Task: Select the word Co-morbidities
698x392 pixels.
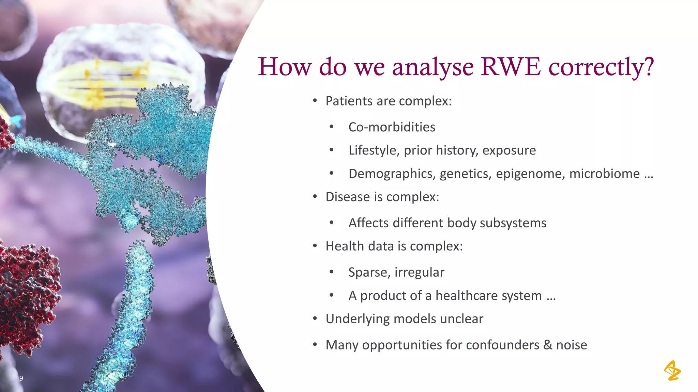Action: click(392, 127)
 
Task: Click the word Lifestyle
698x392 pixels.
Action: click(373, 150)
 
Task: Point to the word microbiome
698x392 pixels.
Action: click(604, 174)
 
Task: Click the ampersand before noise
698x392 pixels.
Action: click(547, 345)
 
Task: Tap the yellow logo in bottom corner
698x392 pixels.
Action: click(672, 371)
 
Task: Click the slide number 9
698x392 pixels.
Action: click(21, 378)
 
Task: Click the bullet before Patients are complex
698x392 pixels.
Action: click(315, 101)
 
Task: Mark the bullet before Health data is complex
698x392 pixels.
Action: click(315, 246)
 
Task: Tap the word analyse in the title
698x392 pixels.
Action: click(433, 67)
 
